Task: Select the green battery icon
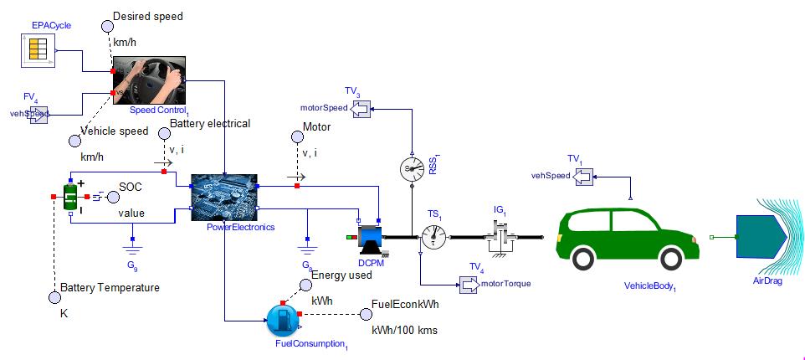point(73,198)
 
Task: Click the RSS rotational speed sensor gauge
point(412,167)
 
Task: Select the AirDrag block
point(760,238)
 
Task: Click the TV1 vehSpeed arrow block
point(583,176)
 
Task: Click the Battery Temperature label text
point(109,288)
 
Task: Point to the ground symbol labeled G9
point(131,247)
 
